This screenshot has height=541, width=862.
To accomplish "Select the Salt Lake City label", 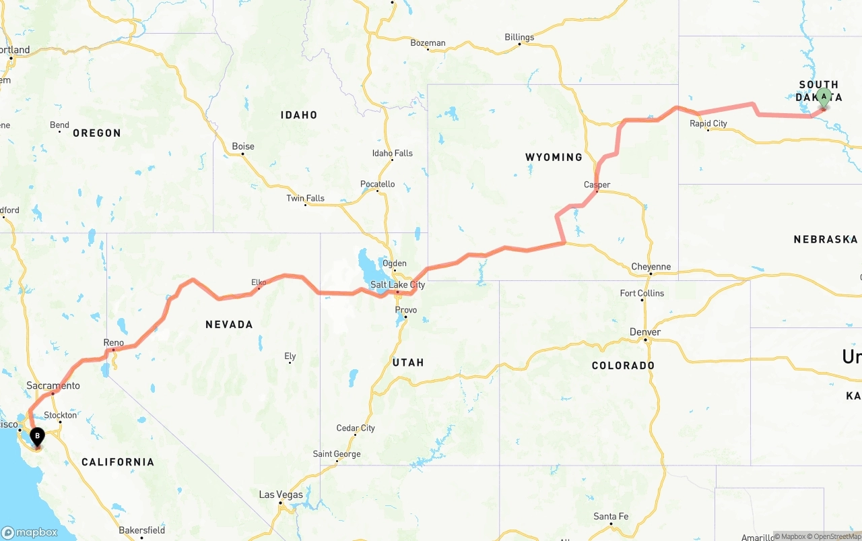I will coord(397,285).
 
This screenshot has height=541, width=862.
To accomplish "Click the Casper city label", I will coord(597,185).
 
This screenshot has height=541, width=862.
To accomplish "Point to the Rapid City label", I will coord(708,123).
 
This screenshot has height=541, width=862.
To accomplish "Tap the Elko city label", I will coord(259,282).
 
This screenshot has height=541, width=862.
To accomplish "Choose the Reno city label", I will coord(114,343).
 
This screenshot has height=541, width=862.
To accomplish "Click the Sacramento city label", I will coord(53,386).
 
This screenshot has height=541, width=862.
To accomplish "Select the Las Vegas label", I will coord(281,495).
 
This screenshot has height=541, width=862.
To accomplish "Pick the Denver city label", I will coord(645,332).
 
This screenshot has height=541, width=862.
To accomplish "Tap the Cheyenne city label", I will coord(651,267).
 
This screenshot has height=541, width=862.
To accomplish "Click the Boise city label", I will coord(243,146).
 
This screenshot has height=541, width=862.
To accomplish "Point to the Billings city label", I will coord(519,37).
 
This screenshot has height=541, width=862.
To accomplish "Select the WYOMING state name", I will coord(554,157).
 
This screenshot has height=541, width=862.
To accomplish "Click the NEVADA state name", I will coord(229,325).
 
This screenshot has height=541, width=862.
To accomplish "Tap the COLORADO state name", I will coord(623,365).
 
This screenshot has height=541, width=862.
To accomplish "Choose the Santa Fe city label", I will coord(611,517).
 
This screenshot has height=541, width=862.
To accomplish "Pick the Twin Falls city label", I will coord(305,198).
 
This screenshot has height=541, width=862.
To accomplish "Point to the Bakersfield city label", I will coord(141,530).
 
